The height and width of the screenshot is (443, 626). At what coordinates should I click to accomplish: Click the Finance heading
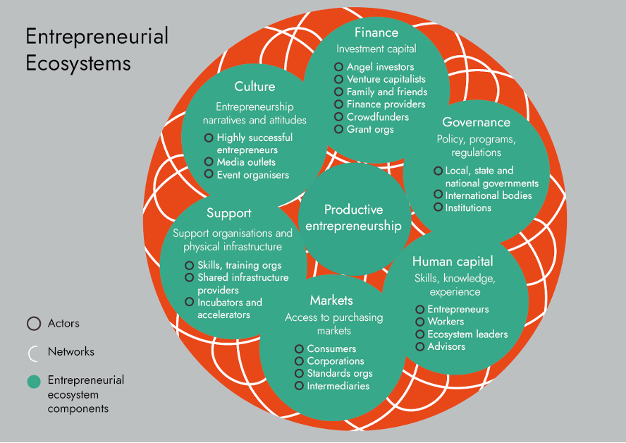(x=376, y=32)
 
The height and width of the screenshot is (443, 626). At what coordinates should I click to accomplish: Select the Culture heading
(x=254, y=87)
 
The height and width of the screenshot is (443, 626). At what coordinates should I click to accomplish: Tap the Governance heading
(x=476, y=122)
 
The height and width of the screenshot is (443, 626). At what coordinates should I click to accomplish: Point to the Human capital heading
(x=453, y=262)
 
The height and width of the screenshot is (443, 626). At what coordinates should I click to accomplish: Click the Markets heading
(x=331, y=301)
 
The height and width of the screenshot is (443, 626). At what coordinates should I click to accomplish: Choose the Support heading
(x=229, y=213)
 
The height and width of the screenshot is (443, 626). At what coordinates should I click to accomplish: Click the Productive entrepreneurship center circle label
(x=353, y=218)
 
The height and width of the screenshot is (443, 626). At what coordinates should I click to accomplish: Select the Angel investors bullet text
(x=380, y=67)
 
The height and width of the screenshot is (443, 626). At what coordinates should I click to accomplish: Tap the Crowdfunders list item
(x=377, y=117)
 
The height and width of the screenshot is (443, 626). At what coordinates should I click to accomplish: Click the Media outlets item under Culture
(x=246, y=162)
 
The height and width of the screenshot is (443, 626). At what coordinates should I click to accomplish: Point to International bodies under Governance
(x=489, y=195)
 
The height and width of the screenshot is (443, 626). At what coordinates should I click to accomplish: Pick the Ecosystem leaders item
(x=467, y=334)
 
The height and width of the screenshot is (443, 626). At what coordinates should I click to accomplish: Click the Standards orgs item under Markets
(x=339, y=373)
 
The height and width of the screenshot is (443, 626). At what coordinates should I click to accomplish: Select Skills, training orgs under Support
(x=239, y=265)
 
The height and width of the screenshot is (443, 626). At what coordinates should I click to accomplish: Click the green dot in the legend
(x=33, y=382)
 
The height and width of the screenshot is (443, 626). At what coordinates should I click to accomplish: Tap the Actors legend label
(x=63, y=324)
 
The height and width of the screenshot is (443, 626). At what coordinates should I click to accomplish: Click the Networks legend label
(x=70, y=351)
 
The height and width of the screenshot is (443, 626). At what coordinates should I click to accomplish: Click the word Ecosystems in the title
(x=78, y=63)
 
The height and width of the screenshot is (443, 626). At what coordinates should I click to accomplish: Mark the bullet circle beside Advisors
(x=420, y=347)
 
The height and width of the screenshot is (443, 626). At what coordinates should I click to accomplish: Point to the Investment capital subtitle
(x=376, y=49)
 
